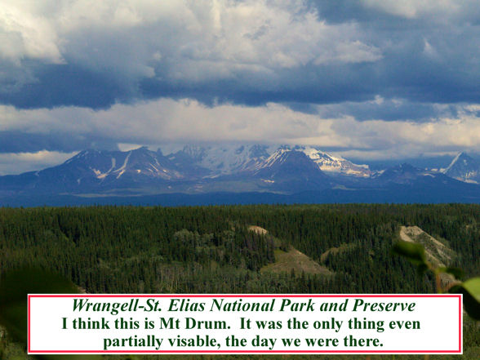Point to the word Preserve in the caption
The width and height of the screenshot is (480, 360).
pyautogui.click(x=384, y=305)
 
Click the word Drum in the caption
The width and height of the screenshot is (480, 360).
pyautogui.click(x=207, y=323)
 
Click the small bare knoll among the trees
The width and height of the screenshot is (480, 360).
pyautogui.click(x=257, y=230)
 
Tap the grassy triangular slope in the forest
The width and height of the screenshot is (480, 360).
pyautogui.click(x=294, y=262)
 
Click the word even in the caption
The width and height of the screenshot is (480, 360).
pyautogui.click(x=404, y=323)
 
